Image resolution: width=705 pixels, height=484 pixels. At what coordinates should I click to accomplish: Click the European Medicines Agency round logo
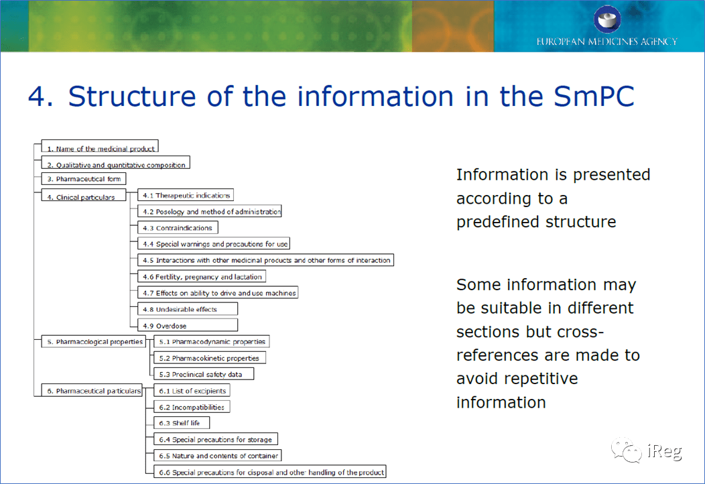pyautogui.click(x=607, y=19)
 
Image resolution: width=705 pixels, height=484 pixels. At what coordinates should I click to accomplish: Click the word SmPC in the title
pyautogui.click(x=594, y=97)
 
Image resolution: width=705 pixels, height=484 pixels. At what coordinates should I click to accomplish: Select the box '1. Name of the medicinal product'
pyautogui.click(x=100, y=147)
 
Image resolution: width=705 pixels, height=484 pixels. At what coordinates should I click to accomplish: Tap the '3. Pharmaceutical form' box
pyautogui.click(x=84, y=178)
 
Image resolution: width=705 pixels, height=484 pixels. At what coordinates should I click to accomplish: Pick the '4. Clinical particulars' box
pyautogui.click(x=84, y=195)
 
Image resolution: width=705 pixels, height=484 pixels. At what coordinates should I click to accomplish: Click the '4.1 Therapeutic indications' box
pyautogui.click(x=186, y=195)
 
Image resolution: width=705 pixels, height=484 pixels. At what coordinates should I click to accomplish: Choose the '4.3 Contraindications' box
pyautogui.click(x=178, y=228)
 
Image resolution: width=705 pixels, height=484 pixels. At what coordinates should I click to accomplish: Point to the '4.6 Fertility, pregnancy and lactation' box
pyautogui.click(x=202, y=276)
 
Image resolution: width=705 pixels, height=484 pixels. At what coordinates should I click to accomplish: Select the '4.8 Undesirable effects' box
pyautogui.click(x=188, y=308)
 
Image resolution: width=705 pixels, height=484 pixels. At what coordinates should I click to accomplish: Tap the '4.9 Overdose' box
pyautogui.click(x=188, y=324)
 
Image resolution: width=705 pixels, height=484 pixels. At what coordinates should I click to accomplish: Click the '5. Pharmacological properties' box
pyautogui.click(x=94, y=341)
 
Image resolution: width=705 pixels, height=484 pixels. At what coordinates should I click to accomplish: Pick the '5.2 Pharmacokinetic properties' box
pyautogui.click(x=210, y=357)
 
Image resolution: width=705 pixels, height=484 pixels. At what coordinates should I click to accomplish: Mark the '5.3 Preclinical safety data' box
pyautogui.click(x=204, y=374)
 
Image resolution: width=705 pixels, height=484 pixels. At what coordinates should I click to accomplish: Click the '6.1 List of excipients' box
pyautogui.click(x=192, y=390)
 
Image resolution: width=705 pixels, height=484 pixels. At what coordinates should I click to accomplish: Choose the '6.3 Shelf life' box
pyautogui.click(x=182, y=423)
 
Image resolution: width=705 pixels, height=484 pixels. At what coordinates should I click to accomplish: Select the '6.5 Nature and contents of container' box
pyautogui.click(x=218, y=455)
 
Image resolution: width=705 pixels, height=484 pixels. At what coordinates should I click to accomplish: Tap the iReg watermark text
pyautogui.click(x=665, y=451)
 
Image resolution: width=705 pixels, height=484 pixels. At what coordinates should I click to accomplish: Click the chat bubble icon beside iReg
pyautogui.click(x=626, y=450)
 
